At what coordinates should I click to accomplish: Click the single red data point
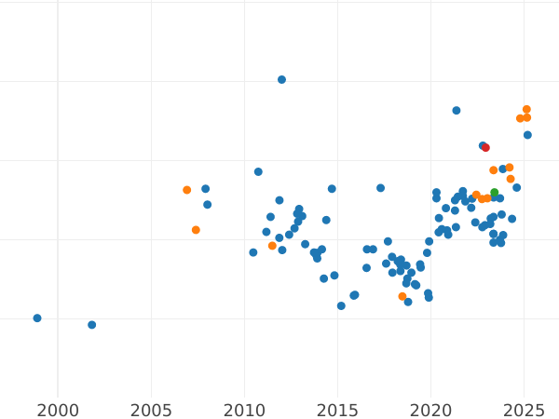click(485, 147)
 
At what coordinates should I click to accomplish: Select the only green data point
click(495, 193)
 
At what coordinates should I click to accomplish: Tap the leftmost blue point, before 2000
click(37, 318)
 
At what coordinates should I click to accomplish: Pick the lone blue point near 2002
click(91, 325)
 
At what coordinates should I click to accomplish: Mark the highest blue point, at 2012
click(281, 80)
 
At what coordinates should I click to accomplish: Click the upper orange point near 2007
click(187, 190)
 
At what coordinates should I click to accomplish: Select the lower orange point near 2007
click(196, 230)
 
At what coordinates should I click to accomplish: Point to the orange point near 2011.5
click(272, 246)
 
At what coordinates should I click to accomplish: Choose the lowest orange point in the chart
click(402, 297)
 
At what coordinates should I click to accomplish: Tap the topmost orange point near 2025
click(526, 110)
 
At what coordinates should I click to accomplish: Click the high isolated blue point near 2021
click(457, 111)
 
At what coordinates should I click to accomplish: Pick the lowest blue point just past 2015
click(341, 306)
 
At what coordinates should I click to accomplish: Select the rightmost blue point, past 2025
click(527, 135)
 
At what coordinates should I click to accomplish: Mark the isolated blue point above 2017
click(380, 188)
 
